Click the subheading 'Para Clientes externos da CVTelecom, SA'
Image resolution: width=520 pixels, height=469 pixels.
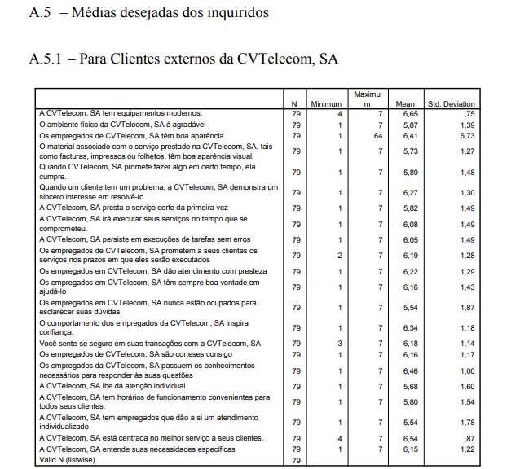point(209,59)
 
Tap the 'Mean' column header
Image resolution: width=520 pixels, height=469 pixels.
point(406,104)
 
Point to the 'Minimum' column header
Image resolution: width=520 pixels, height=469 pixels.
point(326,104)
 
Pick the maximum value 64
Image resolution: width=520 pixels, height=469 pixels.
point(378,136)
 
